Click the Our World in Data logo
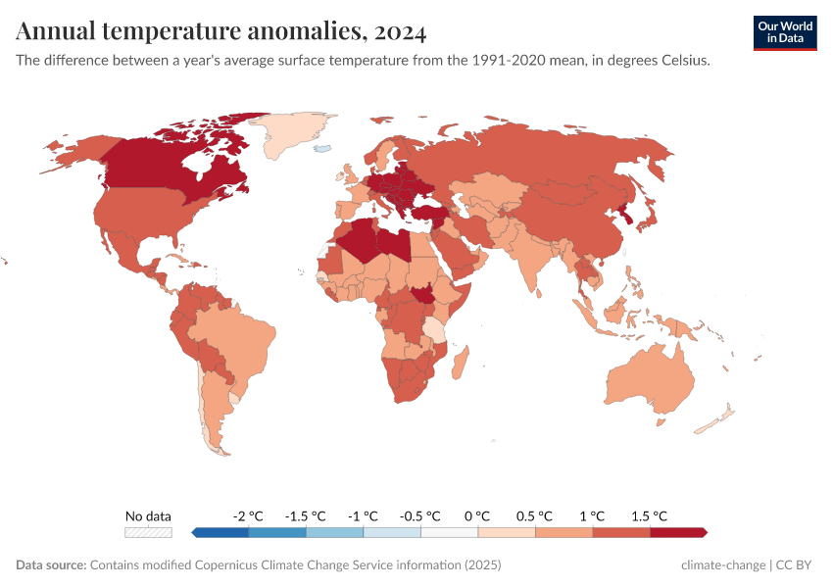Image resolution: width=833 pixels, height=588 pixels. [784, 32]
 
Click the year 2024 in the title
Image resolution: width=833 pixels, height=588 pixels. [400, 32]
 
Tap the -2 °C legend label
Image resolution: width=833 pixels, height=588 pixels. [248, 515]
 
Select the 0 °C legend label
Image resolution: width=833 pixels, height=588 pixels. [477, 515]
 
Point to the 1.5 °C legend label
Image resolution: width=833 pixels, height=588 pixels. [649, 515]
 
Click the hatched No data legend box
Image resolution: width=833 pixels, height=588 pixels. [148, 532]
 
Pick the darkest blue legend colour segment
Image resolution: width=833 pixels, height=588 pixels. [220, 532]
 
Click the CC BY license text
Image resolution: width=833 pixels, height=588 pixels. [797, 565]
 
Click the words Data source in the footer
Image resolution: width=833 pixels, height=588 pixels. [51, 565]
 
